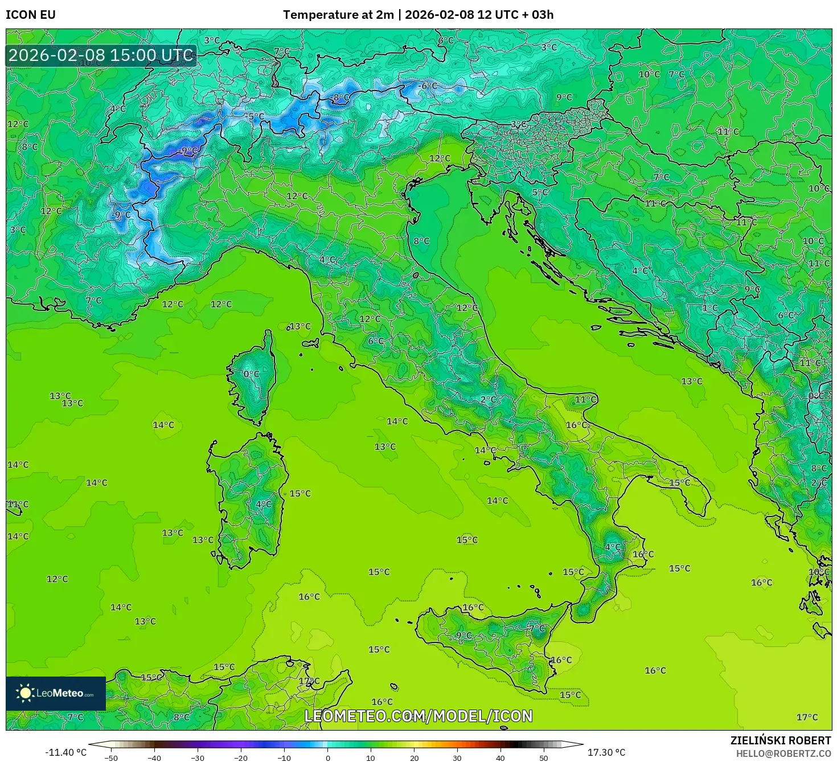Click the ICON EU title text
click(x=31, y=15)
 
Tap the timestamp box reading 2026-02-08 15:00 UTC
click(x=101, y=55)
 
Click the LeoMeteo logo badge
click(x=56, y=693)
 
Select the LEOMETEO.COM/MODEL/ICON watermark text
click(x=419, y=716)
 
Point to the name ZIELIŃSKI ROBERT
click(x=780, y=740)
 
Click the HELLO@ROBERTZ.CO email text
click(x=783, y=753)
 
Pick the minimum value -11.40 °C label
click(x=65, y=752)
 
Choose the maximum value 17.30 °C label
click(x=606, y=752)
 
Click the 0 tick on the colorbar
click(x=327, y=758)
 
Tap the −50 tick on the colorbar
click(x=111, y=758)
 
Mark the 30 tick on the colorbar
click(x=457, y=758)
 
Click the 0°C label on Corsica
click(x=251, y=374)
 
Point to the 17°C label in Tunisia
click(x=309, y=681)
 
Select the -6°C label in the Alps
click(x=428, y=86)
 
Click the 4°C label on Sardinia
click(x=264, y=505)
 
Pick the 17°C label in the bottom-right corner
click(x=807, y=717)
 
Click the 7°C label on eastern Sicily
click(x=537, y=629)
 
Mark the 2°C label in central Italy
click(x=488, y=400)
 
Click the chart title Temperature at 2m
click(x=338, y=15)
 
